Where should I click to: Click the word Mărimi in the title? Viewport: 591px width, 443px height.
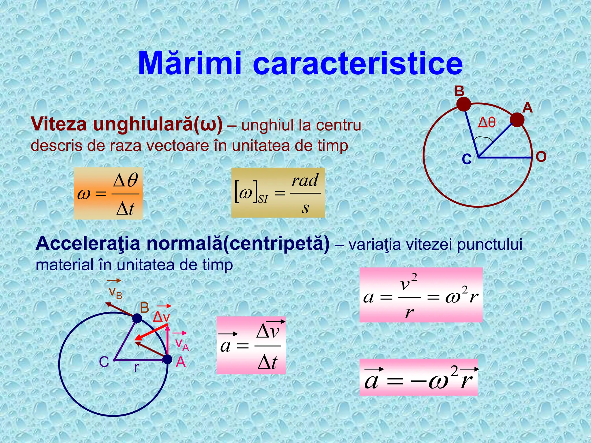(189, 63)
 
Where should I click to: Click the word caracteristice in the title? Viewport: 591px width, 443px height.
(358, 63)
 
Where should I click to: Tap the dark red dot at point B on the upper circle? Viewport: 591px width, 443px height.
(463, 104)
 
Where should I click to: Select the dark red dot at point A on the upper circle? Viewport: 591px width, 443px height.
(517, 120)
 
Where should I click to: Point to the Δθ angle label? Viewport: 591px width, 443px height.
(487, 123)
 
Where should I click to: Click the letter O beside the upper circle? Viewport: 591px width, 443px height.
(541, 157)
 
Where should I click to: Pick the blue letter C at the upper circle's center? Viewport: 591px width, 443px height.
(467, 159)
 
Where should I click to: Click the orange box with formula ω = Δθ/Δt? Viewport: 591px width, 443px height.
(108, 193)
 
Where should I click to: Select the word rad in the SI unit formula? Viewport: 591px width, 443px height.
(305, 181)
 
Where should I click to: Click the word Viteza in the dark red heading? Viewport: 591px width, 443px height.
(59, 125)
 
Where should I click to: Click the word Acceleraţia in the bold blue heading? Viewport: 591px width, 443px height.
(88, 244)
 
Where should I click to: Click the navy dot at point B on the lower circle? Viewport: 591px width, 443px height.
(137, 318)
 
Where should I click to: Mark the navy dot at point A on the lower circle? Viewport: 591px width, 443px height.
(167, 360)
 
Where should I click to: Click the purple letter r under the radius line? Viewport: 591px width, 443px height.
(136, 368)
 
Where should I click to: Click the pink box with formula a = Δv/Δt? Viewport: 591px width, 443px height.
(251, 345)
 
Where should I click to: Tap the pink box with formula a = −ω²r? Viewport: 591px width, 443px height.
(418, 377)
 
